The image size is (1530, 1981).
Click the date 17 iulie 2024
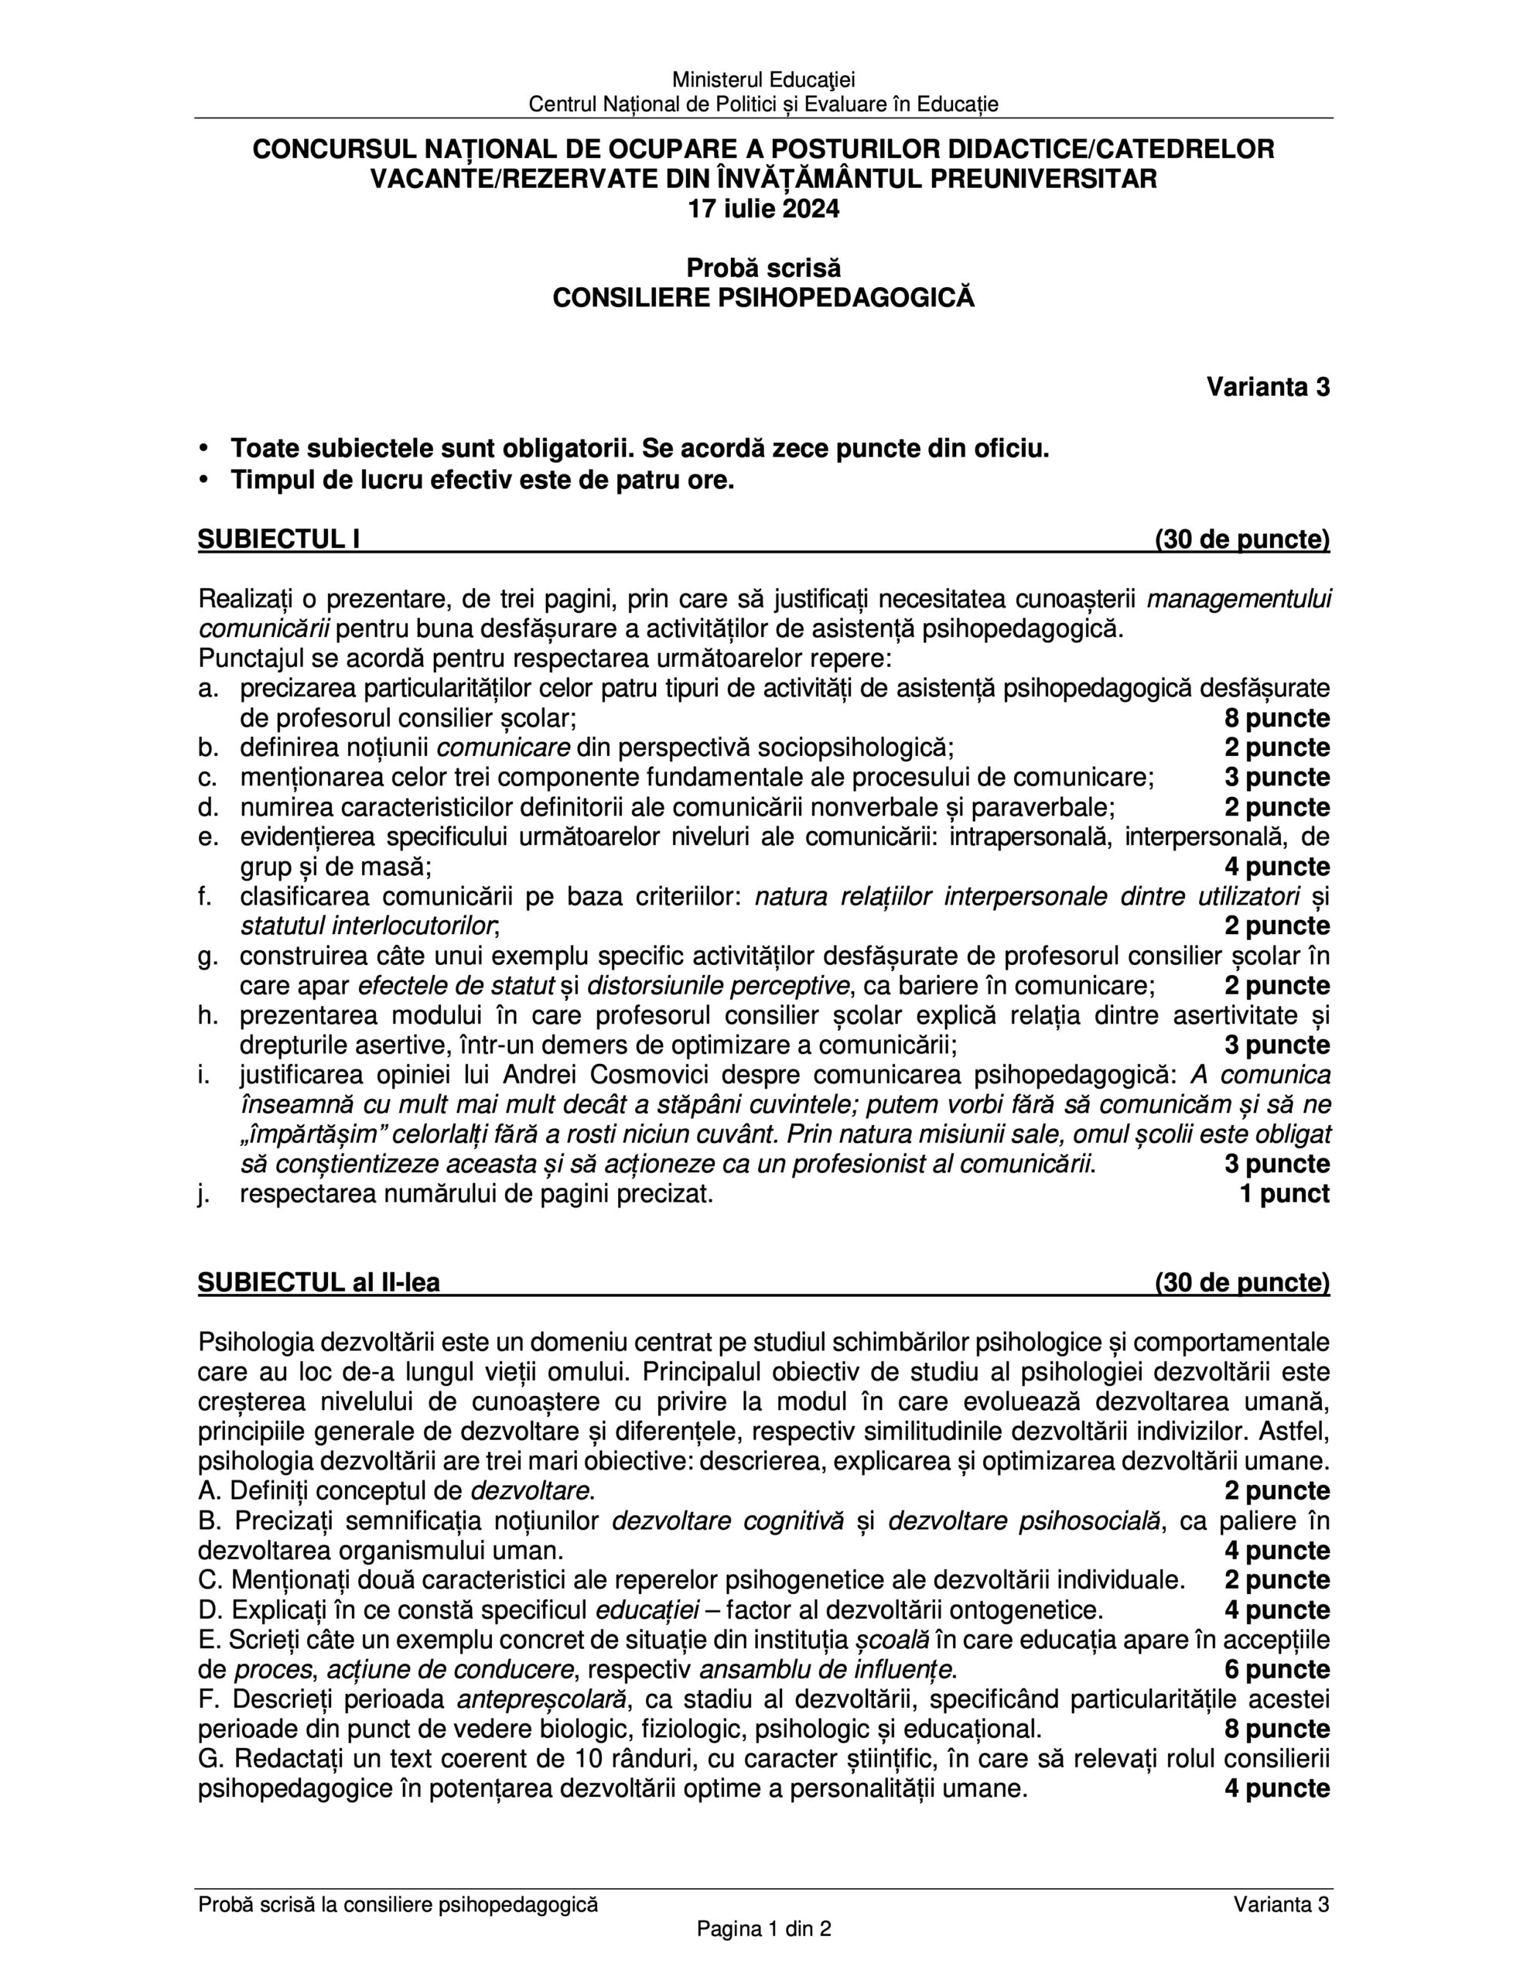(x=763, y=210)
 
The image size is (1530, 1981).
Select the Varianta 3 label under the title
(x=1267, y=388)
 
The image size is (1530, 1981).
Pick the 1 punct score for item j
(x=1284, y=1194)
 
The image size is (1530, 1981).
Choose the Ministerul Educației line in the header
(x=763, y=80)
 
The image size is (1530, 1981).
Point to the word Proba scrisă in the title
(x=763, y=269)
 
